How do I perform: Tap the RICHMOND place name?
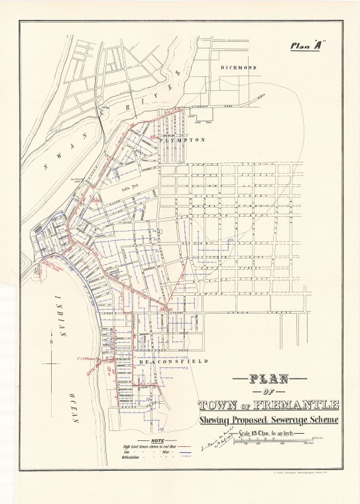tap(238, 68)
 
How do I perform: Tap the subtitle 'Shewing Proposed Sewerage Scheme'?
tap(269, 420)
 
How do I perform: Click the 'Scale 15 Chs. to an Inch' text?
tap(269, 434)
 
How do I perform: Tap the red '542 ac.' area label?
tap(166, 309)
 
